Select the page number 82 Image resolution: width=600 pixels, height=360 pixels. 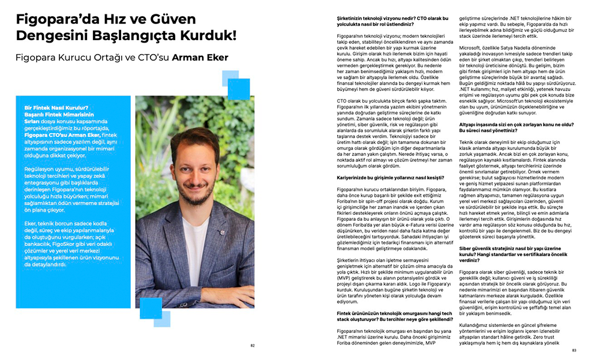(x=253, y=346)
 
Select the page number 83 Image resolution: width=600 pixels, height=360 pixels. (x=574, y=350)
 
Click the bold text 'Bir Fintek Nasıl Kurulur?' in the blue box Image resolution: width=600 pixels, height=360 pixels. (x=55, y=108)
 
